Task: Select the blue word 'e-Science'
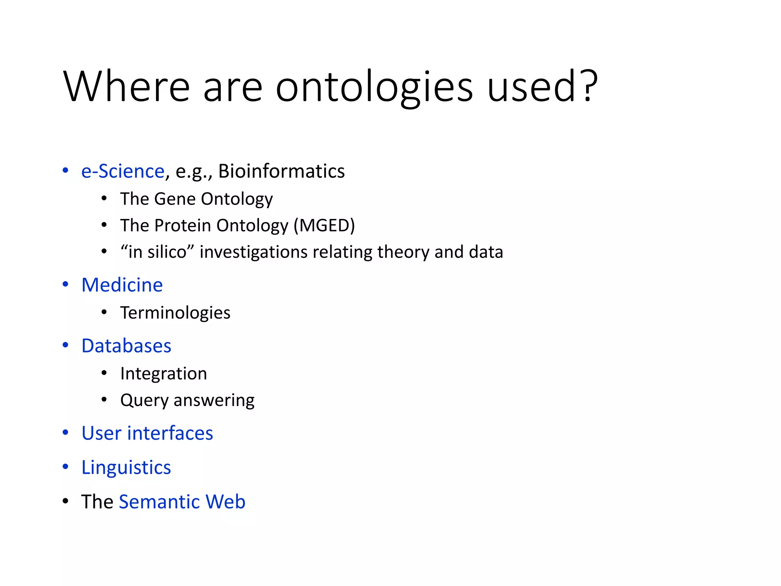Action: coord(123,171)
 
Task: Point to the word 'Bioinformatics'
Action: coord(281,171)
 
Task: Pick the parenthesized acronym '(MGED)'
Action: coord(324,225)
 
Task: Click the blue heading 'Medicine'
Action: coord(122,285)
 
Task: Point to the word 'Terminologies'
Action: coord(175,313)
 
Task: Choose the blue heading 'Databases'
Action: coord(126,346)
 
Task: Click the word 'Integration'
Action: coord(163,373)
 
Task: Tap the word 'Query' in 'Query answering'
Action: coord(144,400)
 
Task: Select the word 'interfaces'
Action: coord(170,433)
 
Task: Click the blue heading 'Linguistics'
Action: coord(126,467)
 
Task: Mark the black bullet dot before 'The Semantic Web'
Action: coord(66,501)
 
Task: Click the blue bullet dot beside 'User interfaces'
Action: coord(66,433)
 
